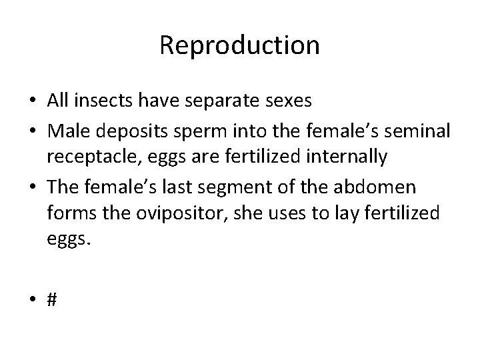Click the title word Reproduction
pyautogui.click(x=240, y=45)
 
